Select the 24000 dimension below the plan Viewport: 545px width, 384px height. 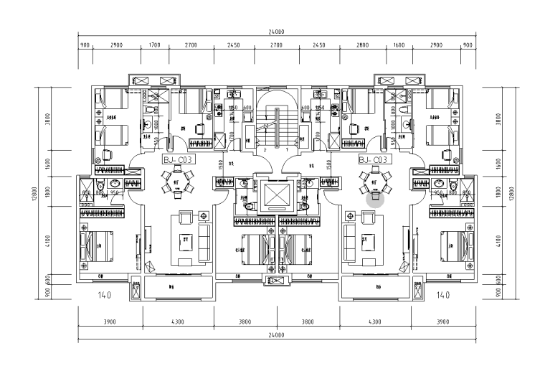[276, 335]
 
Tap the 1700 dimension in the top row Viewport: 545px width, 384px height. [154, 45]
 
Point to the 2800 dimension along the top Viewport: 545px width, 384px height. [362, 45]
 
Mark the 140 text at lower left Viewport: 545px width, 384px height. [105, 294]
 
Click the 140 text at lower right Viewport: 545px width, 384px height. [442, 294]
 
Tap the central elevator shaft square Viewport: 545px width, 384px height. [276, 195]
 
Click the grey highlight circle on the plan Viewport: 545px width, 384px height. [376, 197]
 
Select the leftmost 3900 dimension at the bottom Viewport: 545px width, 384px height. [110, 322]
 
